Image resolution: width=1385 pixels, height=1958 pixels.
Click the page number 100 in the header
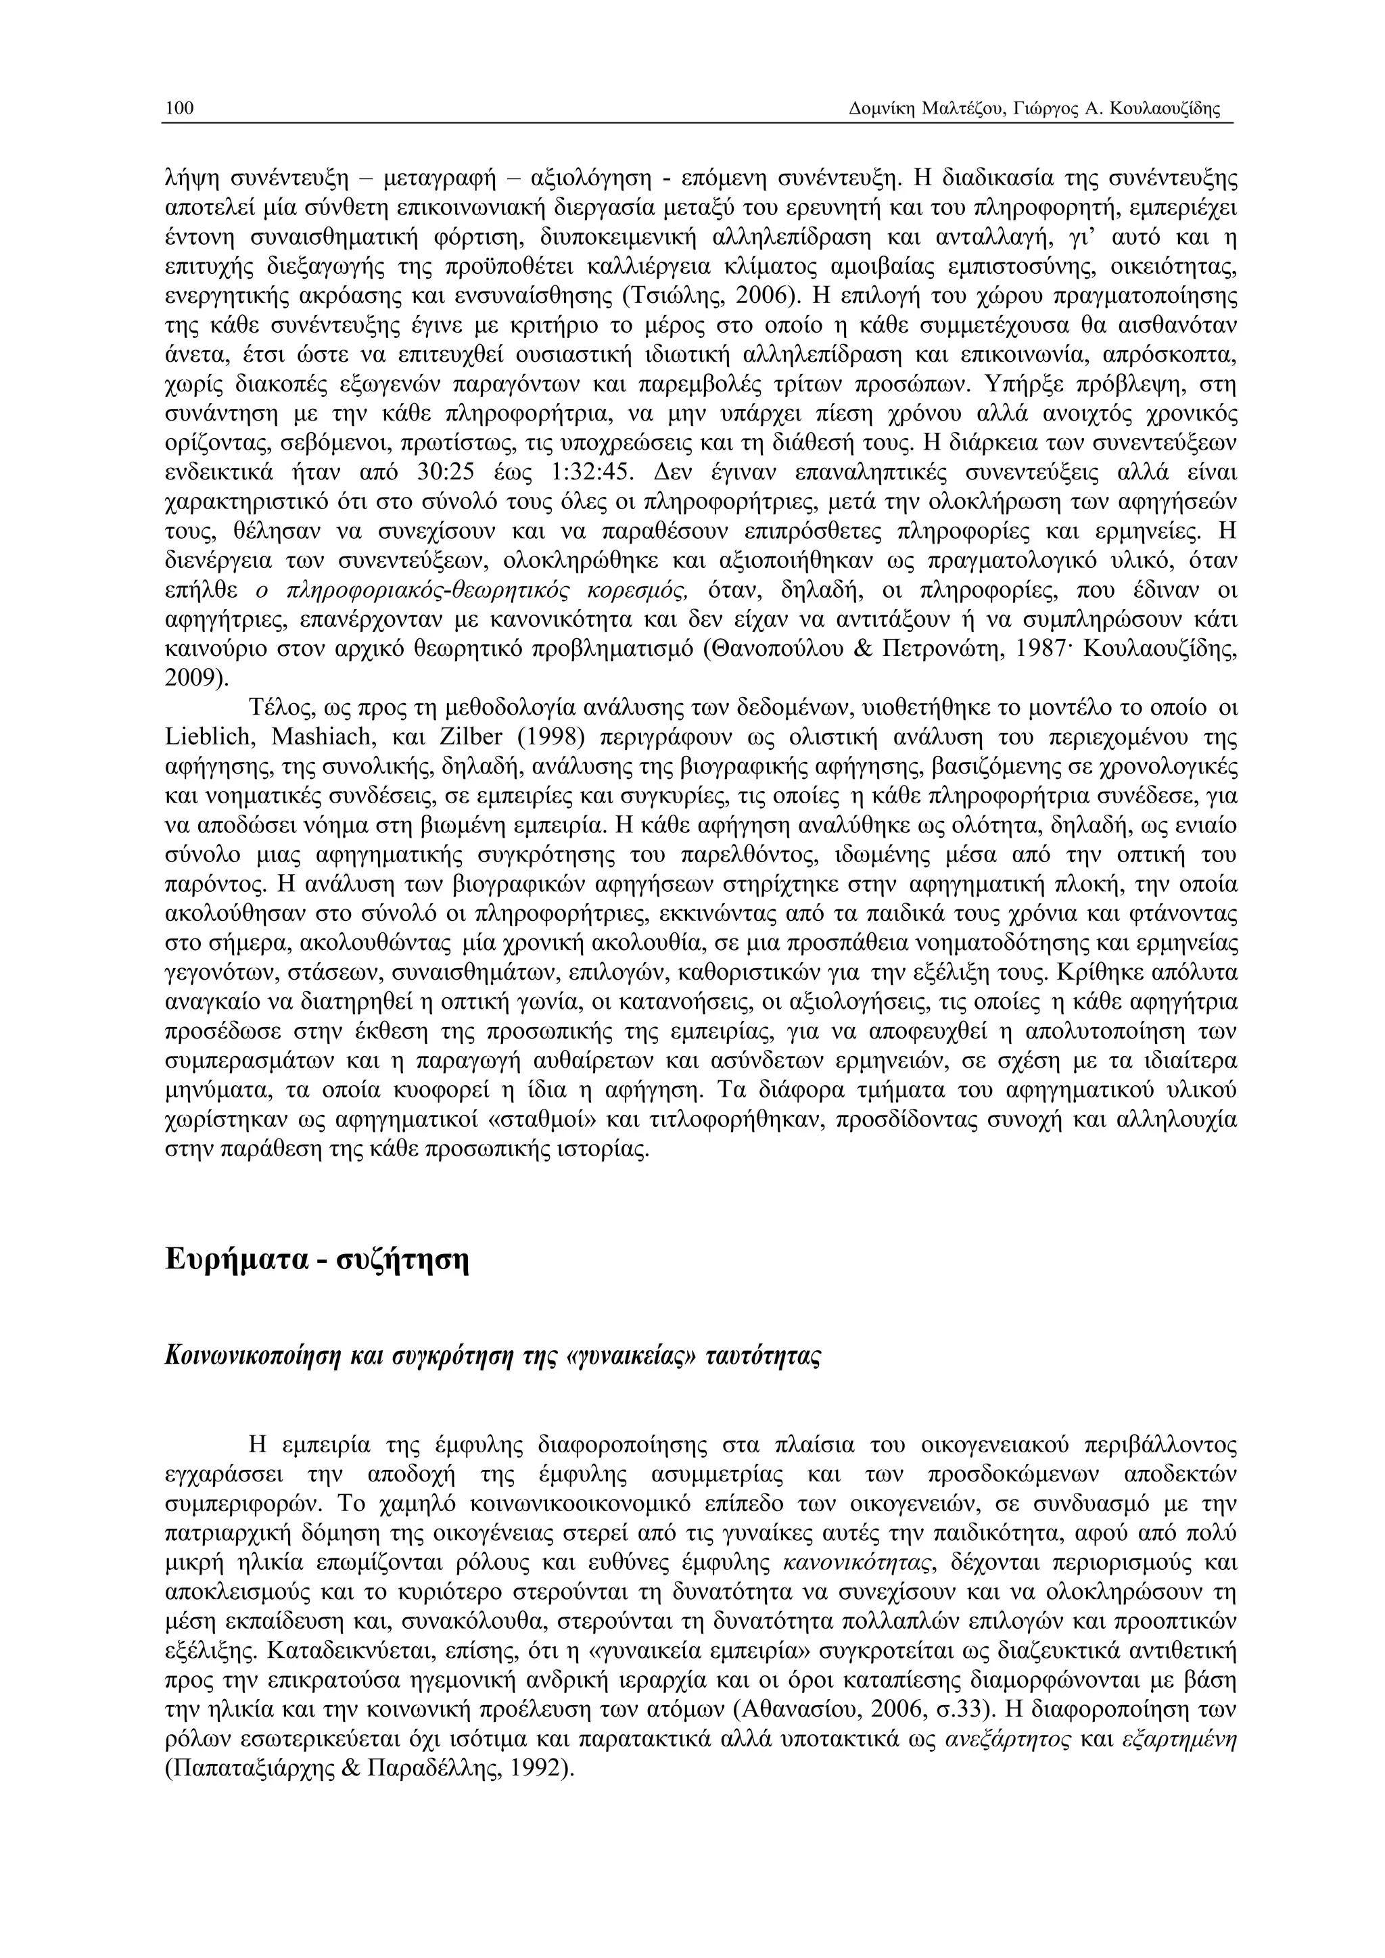(x=179, y=108)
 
